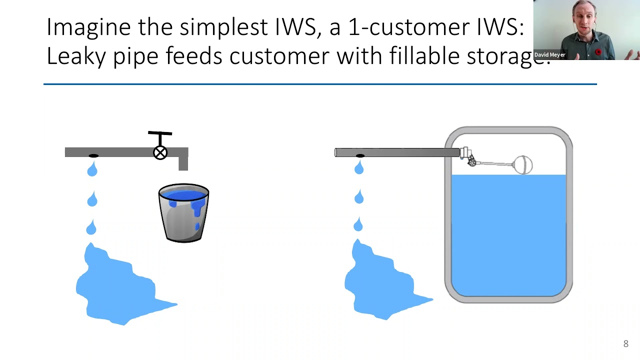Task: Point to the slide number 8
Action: (x=625, y=343)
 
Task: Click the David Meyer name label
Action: (x=549, y=54)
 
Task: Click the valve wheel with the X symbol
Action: (x=160, y=152)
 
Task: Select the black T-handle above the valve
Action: (x=160, y=134)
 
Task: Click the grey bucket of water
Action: (x=183, y=213)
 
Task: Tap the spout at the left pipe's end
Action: (x=183, y=163)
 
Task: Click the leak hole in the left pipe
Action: (x=93, y=156)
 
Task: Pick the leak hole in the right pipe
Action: (x=359, y=156)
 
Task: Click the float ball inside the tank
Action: (x=523, y=165)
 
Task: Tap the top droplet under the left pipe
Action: (x=92, y=170)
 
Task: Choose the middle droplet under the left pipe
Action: (x=92, y=200)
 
